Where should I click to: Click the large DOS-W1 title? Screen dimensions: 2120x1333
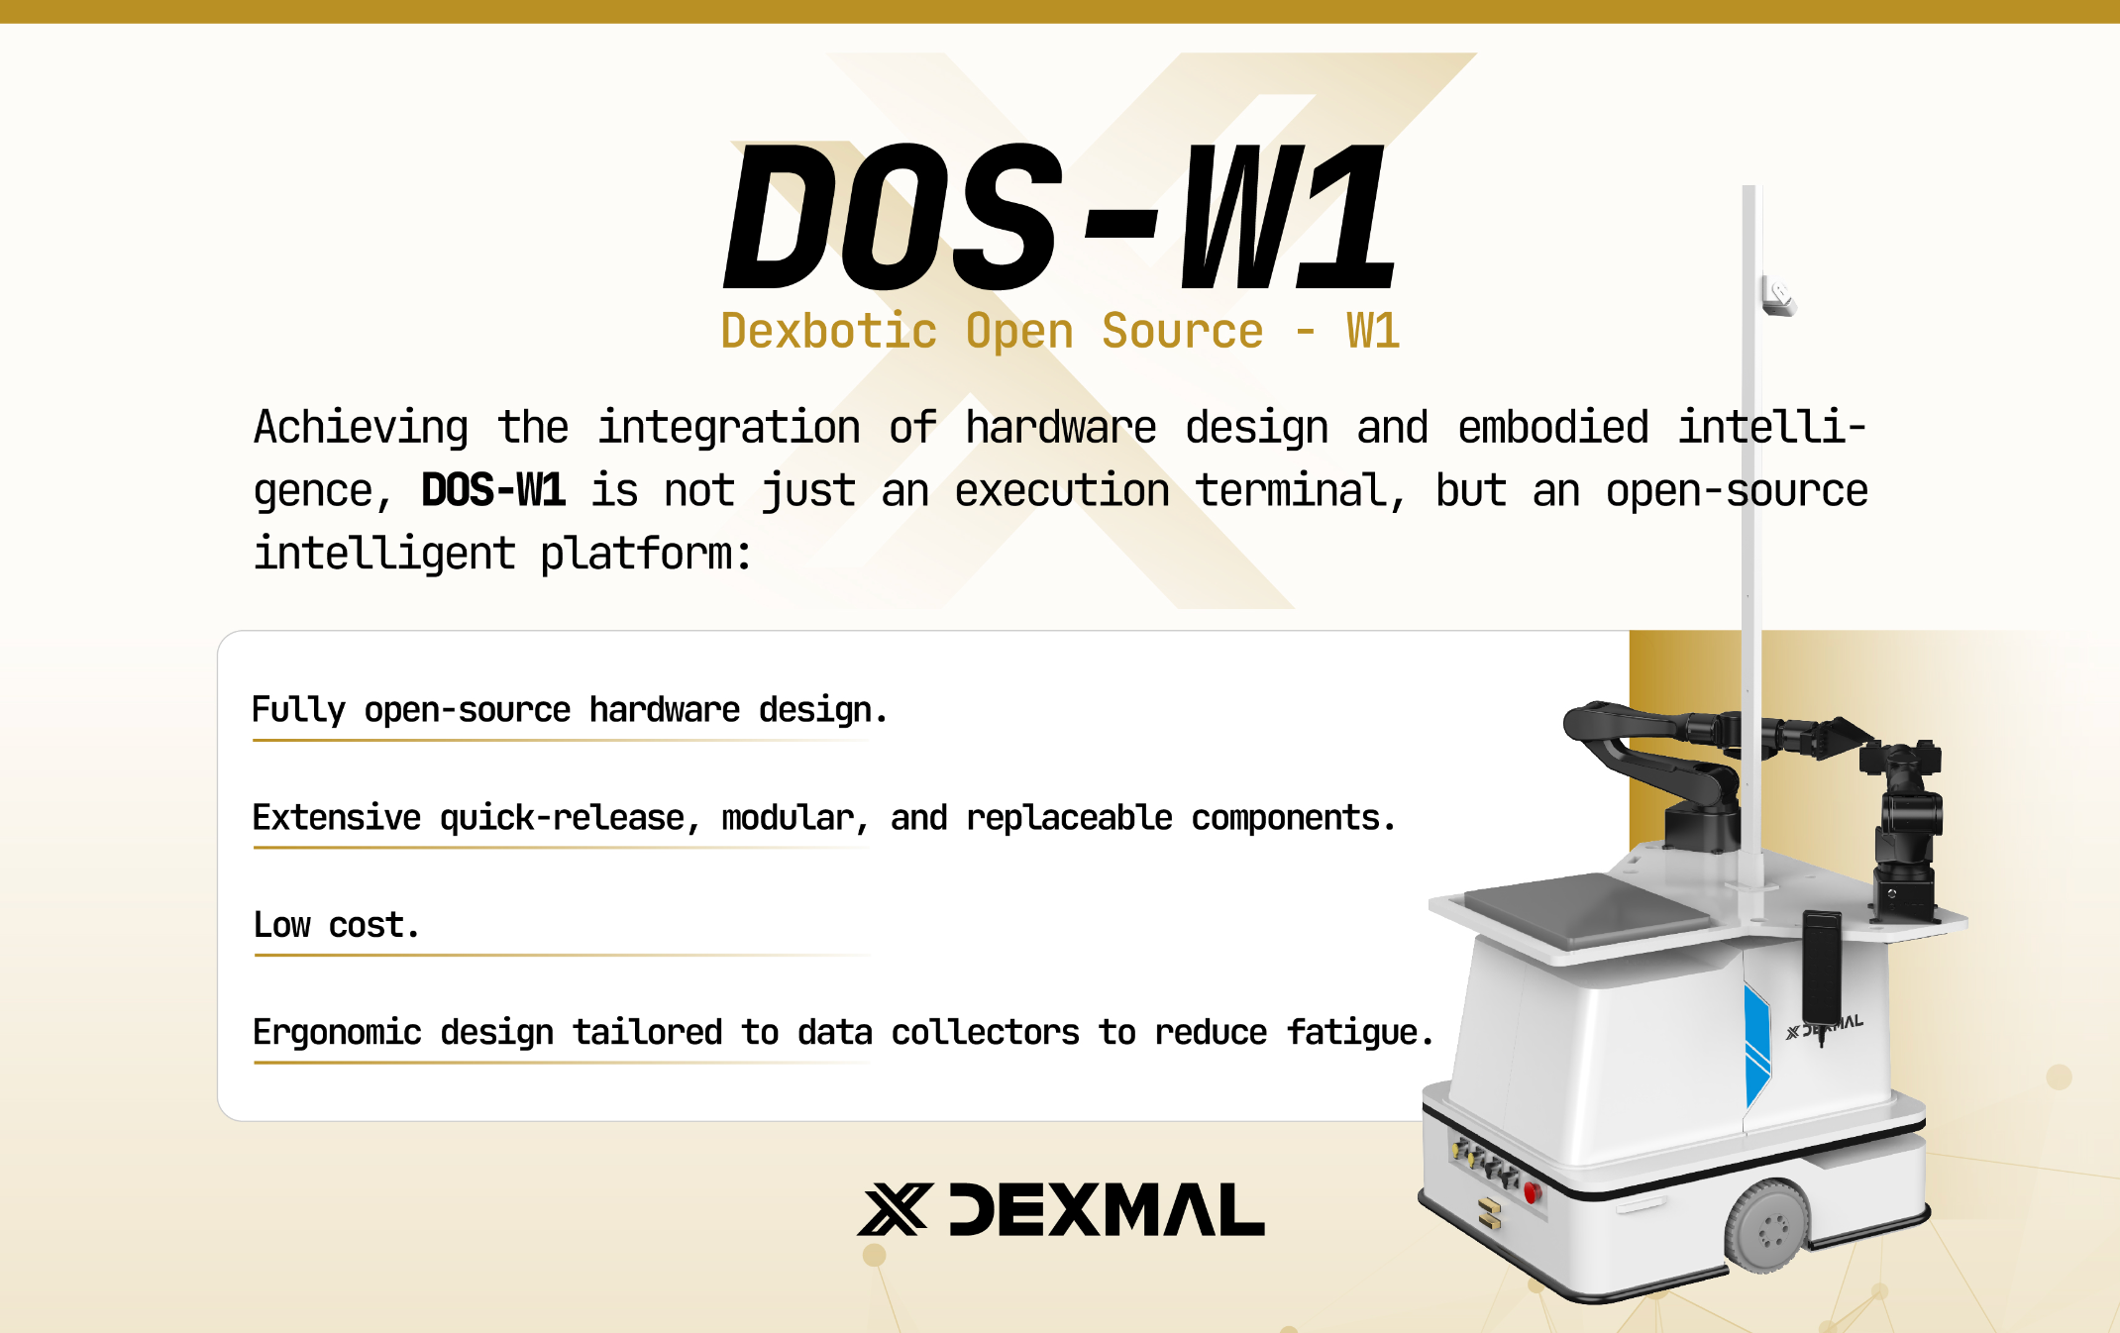(x=1060, y=216)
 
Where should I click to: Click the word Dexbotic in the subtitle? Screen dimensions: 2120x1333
(x=828, y=331)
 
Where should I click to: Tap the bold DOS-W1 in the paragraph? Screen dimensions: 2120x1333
(x=493, y=490)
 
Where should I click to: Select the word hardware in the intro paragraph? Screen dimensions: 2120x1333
(x=1061, y=428)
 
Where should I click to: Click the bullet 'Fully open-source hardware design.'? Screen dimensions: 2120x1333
(x=570, y=711)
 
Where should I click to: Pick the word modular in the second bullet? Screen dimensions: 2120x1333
(x=788, y=818)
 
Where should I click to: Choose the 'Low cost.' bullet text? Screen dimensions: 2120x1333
(x=337, y=925)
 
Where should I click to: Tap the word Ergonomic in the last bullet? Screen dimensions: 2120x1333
(x=337, y=1033)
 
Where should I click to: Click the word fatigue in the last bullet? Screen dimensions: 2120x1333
(x=1352, y=1033)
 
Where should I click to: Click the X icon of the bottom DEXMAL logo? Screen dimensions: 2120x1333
(x=895, y=1209)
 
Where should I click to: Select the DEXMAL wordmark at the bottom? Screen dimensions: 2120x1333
(x=1107, y=1209)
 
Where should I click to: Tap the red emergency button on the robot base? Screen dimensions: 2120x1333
(x=1532, y=1191)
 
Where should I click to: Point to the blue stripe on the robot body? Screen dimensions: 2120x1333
(x=1755, y=1045)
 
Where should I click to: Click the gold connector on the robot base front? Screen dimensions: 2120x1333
(x=1489, y=1213)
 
